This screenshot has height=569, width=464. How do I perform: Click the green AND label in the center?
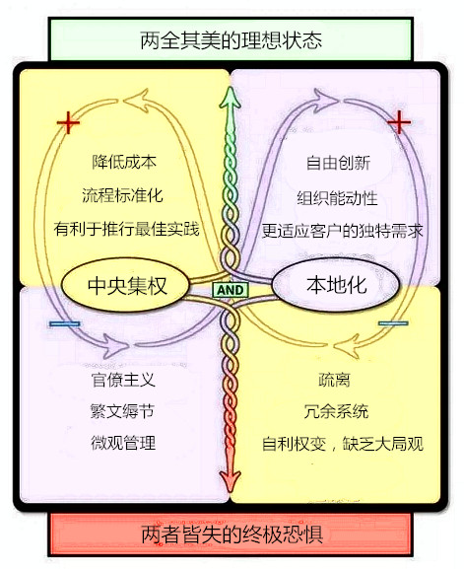point(231,290)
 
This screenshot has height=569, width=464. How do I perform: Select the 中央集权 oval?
point(125,286)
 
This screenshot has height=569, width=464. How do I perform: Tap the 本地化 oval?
point(336,285)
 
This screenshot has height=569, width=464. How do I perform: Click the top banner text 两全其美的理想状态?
point(231,40)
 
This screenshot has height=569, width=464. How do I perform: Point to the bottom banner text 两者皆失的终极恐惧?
point(232,534)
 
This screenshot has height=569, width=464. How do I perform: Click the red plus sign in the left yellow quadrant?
point(68,122)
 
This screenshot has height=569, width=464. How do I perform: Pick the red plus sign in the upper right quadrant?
point(399,122)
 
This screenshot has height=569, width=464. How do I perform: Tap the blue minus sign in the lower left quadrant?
point(65,323)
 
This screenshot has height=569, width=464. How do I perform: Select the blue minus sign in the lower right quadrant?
point(393,323)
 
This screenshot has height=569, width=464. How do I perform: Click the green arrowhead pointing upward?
point(230,99)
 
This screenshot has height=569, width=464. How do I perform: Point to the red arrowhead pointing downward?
point(230,480)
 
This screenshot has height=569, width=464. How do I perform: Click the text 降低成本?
point(123,162)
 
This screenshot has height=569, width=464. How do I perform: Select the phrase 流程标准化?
point(122,195)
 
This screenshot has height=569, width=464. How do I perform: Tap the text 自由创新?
point(338,163)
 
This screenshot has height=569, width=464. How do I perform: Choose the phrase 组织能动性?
point(337,198)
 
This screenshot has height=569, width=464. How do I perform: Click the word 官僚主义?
point(123,380)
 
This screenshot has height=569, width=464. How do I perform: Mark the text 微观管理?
point(123,443)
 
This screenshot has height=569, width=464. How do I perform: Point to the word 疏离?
point(334,380)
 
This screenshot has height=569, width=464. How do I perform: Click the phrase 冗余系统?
point(336,411)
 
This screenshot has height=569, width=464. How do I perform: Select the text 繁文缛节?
point(122,411)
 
